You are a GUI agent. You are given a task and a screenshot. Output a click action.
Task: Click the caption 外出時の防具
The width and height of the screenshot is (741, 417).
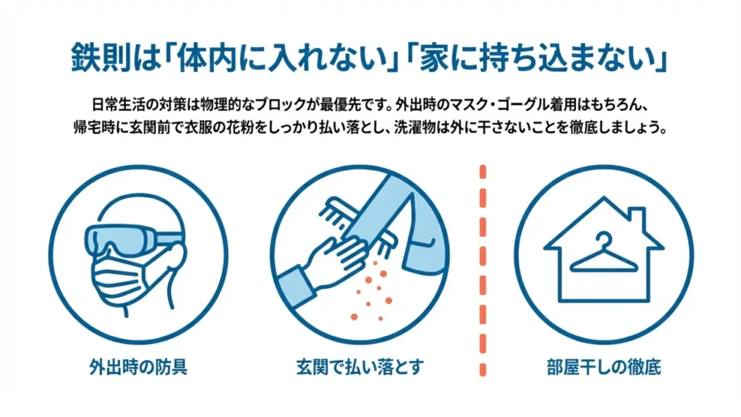tap(138, 367)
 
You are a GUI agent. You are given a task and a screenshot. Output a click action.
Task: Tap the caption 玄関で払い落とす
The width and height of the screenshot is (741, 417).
tap(360, 367)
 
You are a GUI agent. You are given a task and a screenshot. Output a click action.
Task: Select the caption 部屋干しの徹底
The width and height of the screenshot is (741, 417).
tap(604, 367)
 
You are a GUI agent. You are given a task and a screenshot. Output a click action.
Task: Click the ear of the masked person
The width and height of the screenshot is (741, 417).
tap(176, 258)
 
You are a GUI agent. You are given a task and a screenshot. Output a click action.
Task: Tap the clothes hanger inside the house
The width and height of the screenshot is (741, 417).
tap(604, 253)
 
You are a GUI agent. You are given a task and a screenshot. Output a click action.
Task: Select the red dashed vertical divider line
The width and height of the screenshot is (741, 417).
tap(483, 271)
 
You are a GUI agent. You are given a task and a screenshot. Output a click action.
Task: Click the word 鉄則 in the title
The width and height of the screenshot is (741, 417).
tap(100, 59)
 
